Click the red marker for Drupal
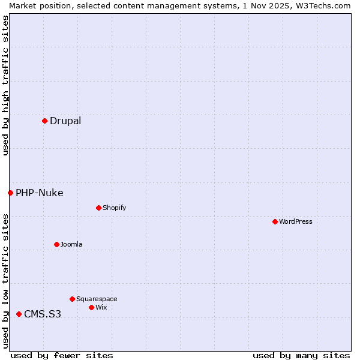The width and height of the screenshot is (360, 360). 44,121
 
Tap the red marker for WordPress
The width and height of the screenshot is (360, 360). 275,221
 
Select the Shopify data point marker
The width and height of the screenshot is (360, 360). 98,208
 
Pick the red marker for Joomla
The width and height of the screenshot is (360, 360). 56,244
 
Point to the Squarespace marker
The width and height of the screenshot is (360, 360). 72,299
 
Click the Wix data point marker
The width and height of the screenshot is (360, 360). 91,307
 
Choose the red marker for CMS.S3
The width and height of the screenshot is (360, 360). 19,314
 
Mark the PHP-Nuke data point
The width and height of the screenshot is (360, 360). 10,193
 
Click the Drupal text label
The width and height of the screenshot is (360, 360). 65,121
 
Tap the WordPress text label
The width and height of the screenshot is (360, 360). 296,221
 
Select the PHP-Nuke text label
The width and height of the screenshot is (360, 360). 40,193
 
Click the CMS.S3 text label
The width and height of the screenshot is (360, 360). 43,314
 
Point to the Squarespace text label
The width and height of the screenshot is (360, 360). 97,299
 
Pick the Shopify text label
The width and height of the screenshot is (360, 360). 114,208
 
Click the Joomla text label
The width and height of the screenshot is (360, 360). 71,244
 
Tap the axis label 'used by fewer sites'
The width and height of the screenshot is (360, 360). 62,355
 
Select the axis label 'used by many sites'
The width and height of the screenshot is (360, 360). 301,355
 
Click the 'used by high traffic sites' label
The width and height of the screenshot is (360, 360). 5,85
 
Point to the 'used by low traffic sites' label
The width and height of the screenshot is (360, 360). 5,280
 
